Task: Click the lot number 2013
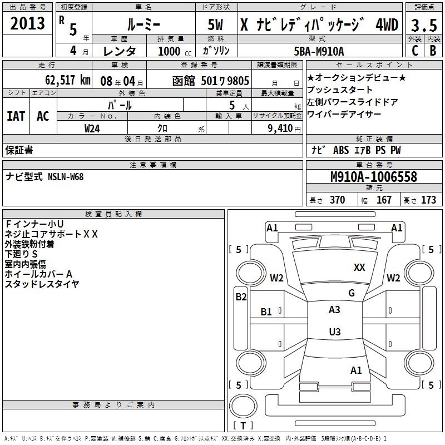point(27,23)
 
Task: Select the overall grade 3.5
point(424,25)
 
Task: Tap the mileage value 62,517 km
point(68,80)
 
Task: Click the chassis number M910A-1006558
point(374,177)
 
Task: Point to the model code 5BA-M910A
point(319,51)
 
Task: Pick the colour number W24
point(92,128)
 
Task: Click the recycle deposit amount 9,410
point(280,128)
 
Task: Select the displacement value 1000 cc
point(175,51)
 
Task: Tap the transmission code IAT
point(16,116)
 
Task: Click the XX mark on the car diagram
point(359,267)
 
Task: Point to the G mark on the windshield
point(352,293)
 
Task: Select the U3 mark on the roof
point(335,332)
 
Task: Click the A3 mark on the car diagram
point(334,310)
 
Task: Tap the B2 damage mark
point(241,297)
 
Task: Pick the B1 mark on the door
point(266,312)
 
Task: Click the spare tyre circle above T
point(243,406)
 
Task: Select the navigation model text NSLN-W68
point(66,177)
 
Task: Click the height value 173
point(428,200)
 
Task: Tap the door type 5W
point(215,24)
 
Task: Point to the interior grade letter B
point(433,51)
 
